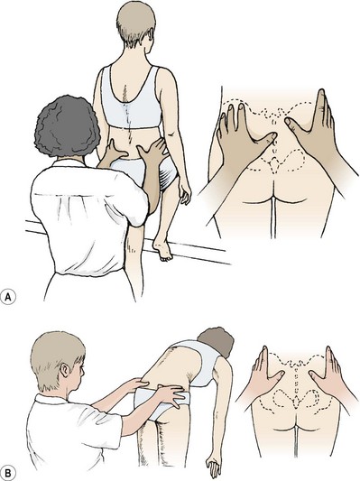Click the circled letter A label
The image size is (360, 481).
pos(8,297)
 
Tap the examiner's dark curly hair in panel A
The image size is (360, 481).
pos(67,126)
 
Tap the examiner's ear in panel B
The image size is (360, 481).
pos(65,370)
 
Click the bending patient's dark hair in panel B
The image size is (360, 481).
pos(216,341)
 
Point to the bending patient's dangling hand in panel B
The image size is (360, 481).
pos(214,467)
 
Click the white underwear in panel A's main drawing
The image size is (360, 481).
pos(144,171)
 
